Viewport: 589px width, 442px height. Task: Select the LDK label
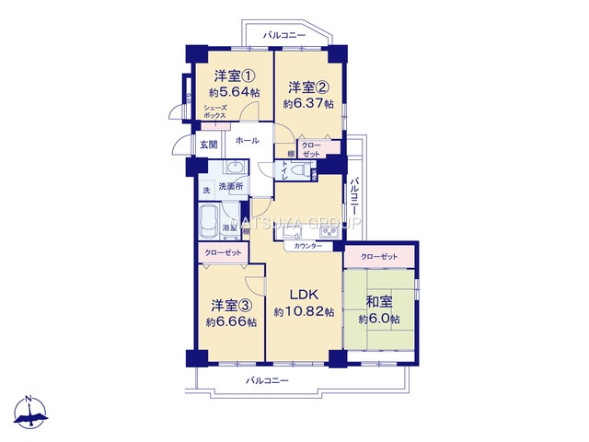(x=304, y=295)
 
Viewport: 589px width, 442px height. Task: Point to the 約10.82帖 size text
(x=304, y=312)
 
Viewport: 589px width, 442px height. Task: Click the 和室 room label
(x=379, y=301)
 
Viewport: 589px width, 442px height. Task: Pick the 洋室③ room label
(x=231, y=305)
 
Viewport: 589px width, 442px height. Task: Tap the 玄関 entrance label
(x=207, y=145)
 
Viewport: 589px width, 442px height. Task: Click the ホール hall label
(x=247, y=141)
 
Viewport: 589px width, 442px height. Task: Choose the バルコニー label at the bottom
(x=267, y=380)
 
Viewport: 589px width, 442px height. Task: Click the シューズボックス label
(x=214, y=111)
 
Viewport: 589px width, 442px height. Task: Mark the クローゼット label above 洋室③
(x=224, y=252)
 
